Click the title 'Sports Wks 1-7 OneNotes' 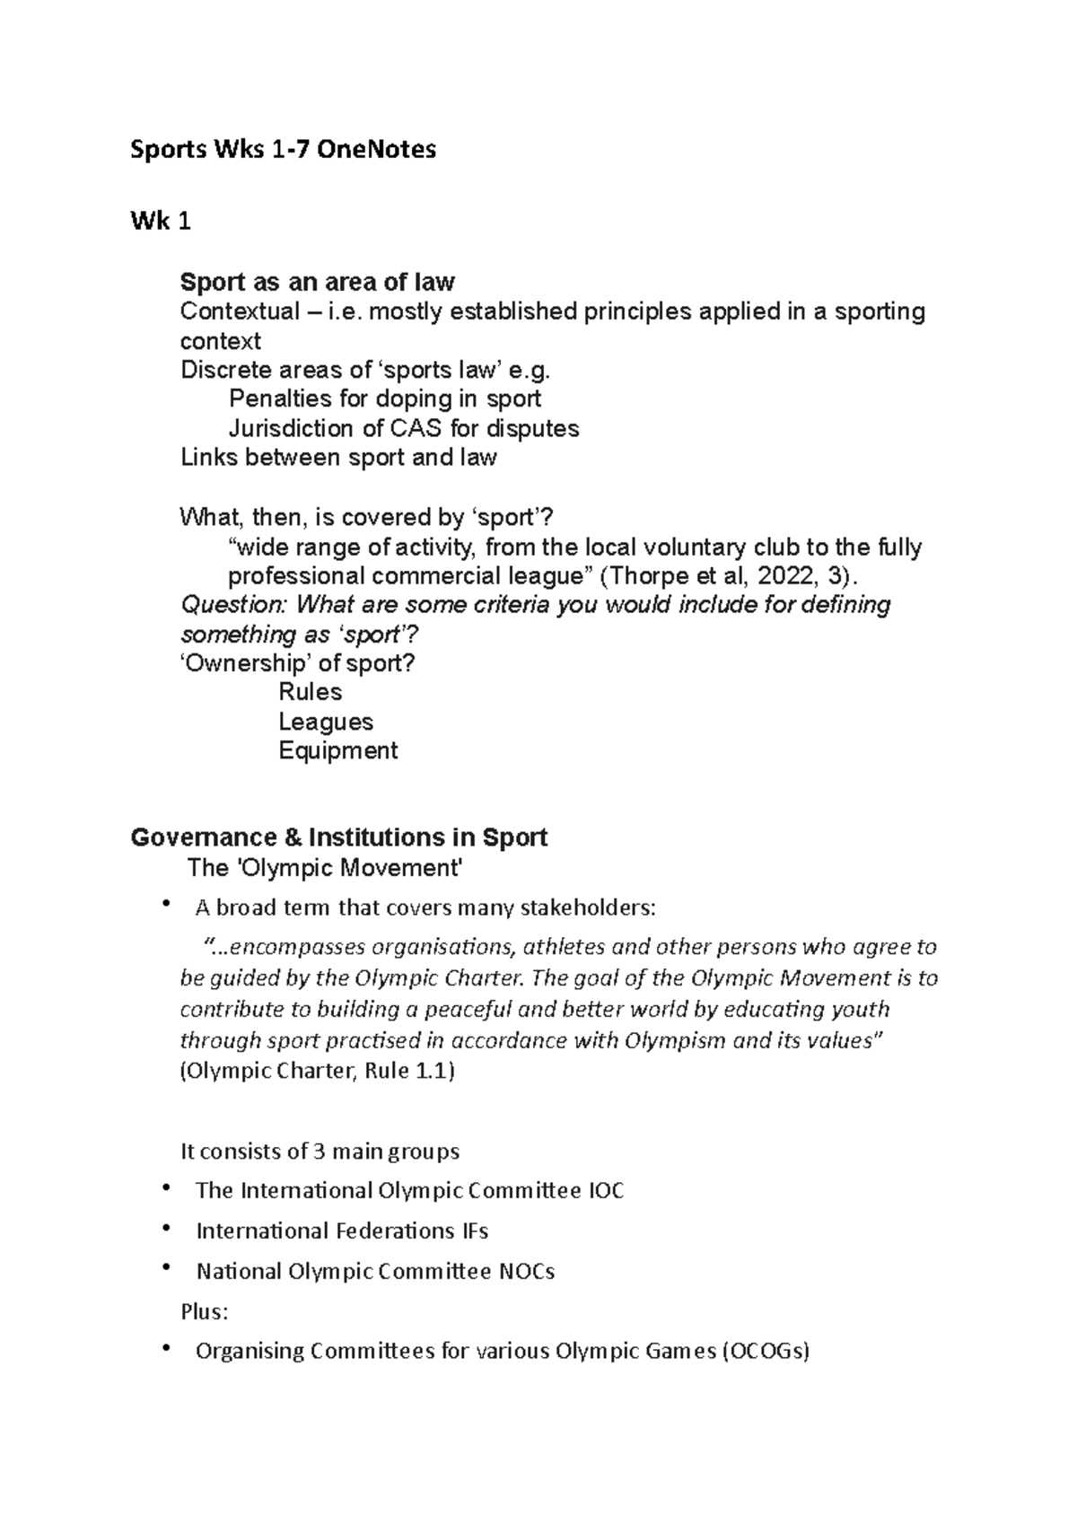284,149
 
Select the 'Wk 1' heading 161,222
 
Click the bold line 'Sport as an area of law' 317,283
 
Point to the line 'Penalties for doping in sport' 385,399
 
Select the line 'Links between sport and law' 338,457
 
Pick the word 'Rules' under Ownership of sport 310,692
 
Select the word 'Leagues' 325,722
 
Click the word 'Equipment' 337,750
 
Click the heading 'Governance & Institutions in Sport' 338,837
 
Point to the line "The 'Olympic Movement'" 325,868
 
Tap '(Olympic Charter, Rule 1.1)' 318,1071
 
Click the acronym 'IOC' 606,1191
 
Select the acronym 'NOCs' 526,1272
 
